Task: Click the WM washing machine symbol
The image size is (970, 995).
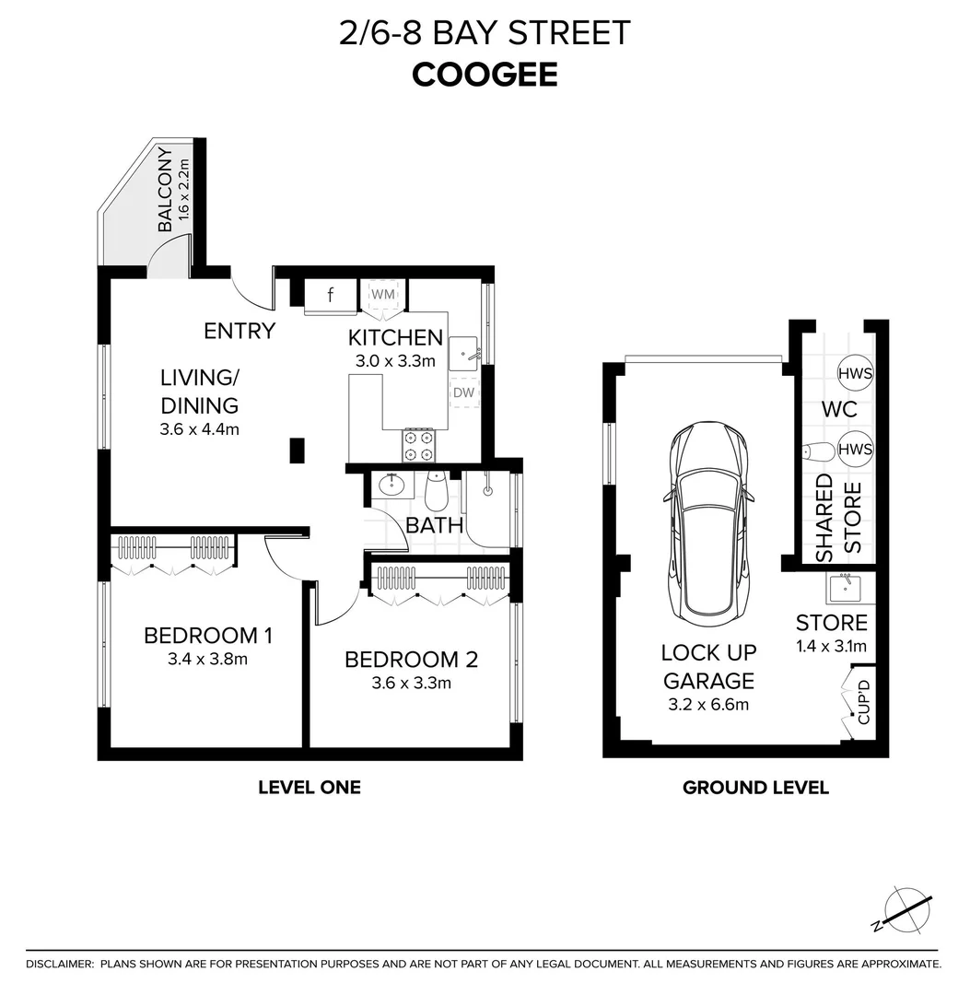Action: tap(382, 294)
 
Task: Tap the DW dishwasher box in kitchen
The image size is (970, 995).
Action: tap(463, 393)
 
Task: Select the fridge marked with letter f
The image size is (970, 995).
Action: tap(331, 296)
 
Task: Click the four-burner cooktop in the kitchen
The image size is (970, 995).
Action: tap(418, 445)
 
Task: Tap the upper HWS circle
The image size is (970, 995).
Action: tap(856, 373)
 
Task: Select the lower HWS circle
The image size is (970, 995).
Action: tap(856, 450)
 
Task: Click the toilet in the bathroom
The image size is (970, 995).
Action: tap(436, 493)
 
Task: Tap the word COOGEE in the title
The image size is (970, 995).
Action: tap(485, 75)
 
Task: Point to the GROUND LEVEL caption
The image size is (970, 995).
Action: tap(755, 788)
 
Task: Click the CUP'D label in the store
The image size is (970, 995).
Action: tap(863, 702)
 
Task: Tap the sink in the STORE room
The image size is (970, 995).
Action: tap(846, 586)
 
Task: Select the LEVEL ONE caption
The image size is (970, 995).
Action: tap(309, 788)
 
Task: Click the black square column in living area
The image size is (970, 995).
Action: tap(298, 450)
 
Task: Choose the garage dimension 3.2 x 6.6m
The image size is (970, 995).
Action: tap(707, 705)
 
